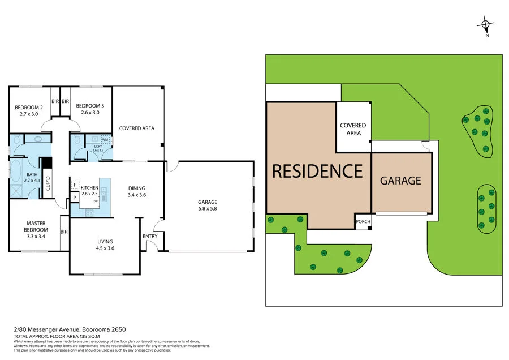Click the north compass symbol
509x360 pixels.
[x=486, y=24]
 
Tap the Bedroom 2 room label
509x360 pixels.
[x=29, y=110]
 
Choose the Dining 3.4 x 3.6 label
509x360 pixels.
[x=136, y=192]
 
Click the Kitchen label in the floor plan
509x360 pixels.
[x=90, y=191]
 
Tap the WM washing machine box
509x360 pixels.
[x=105, y=139]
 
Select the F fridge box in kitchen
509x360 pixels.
[x=74, y=185]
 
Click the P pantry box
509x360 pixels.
[x=74, y=197]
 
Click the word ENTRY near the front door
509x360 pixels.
[x=150, y=237]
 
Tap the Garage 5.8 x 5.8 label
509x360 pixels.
[x=208, y=205]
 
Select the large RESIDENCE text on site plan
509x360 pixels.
[x=317, y=170]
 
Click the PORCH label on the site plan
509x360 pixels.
[x=363, y=221]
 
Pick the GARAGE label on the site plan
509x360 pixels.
[x=400, y=181]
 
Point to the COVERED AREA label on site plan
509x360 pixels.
[x=353, y=129]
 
